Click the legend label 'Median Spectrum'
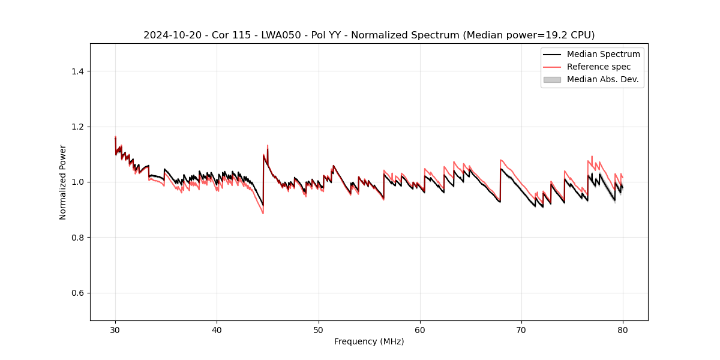[603, 54]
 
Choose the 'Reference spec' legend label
[599, 67]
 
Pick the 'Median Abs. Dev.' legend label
[602, 79]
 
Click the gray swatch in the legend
[552, 79]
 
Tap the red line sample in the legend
[552, 67]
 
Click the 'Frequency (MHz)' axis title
[369, 341]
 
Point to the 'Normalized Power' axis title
[63, 182]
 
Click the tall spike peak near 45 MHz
[268, 145]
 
